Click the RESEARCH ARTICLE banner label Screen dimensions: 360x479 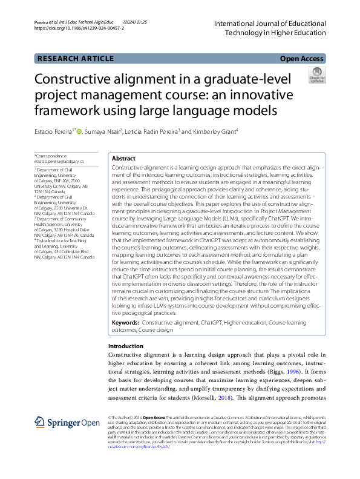click(75, 59)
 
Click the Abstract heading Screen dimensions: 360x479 click(123, 157)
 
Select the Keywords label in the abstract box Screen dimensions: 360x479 click(125, 323)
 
